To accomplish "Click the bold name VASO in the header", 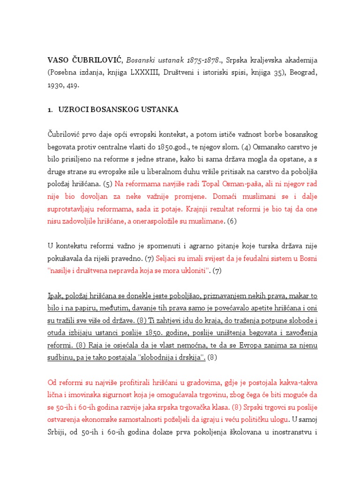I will click(x=58, y=60).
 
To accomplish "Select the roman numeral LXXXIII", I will click(x=152, y=73).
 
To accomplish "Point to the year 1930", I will click(x=55, y=85).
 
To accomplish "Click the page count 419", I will click(x=73, y=85).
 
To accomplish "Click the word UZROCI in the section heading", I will click(x=74, y=110).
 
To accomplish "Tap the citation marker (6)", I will click(x=232, y=221).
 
